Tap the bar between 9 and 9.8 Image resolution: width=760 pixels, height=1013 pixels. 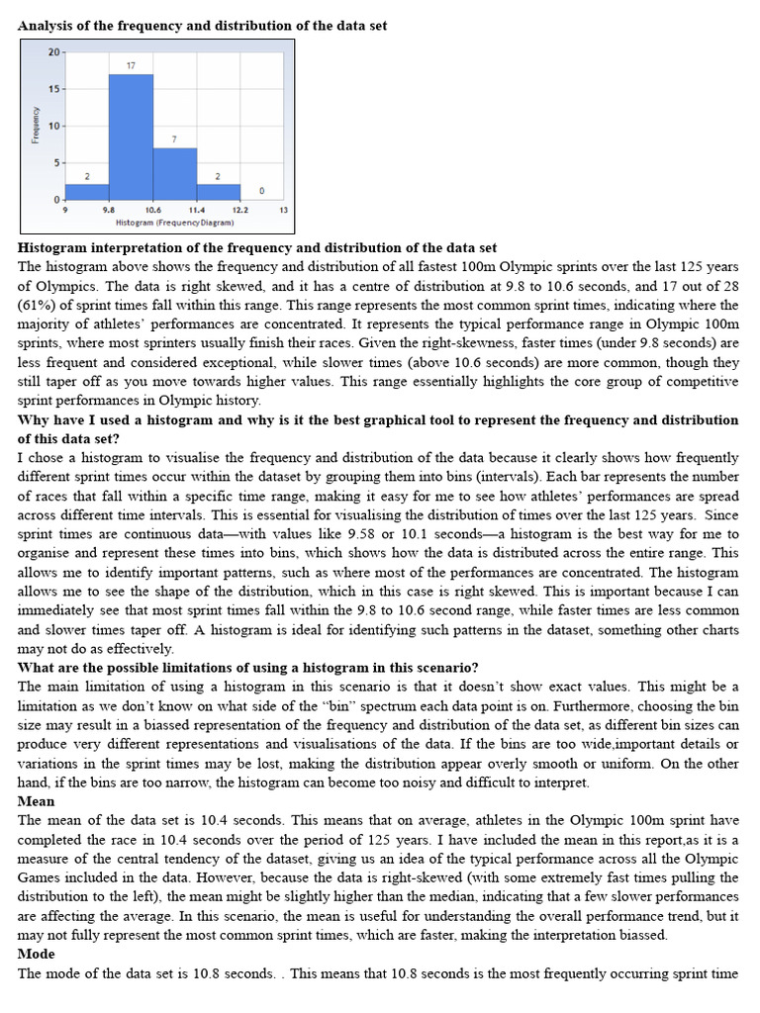(87, 191)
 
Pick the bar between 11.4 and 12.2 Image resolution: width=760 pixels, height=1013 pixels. (218, 191)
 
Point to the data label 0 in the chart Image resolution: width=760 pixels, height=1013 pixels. (261, 190)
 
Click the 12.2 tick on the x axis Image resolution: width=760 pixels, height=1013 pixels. (239, 210)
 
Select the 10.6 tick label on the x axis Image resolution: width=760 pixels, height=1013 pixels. (152, 210)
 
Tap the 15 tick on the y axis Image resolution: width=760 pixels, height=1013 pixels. (55, 89)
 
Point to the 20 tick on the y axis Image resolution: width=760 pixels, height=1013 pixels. (55, 51)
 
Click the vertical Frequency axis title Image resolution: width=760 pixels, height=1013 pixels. (37, 126)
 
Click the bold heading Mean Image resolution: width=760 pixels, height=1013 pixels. (37, 801)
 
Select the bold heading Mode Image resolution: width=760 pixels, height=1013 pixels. (37, 955)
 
